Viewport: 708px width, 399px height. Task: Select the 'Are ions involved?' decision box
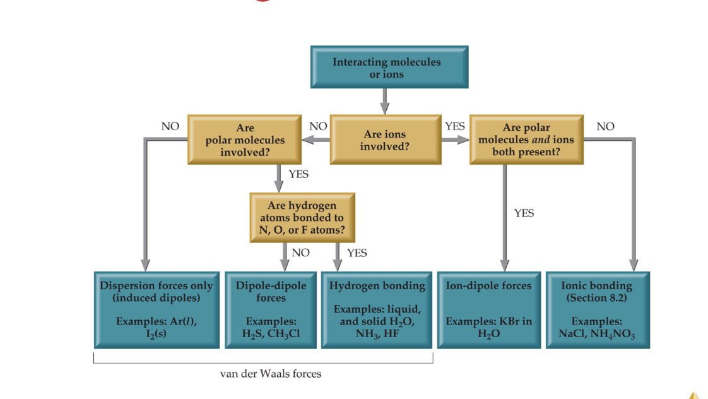pos(384,140)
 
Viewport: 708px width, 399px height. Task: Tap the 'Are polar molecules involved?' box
pos(244,140)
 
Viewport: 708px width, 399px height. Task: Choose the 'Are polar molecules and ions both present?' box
pos(526,140)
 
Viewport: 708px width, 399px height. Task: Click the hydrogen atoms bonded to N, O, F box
pos(302,218)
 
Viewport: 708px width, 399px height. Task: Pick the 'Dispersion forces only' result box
pos(156,309)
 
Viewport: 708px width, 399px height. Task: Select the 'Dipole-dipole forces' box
pos(271,309)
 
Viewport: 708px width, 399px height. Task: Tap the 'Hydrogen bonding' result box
pos(377,309)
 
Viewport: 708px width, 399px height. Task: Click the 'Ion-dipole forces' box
pos(488,309)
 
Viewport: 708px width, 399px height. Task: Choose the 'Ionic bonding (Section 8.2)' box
pos(596,309)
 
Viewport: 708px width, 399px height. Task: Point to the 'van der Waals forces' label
pos(270,374)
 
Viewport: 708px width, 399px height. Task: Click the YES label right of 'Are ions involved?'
pos(454,126)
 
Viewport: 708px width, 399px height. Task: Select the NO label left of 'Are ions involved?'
pos(318,126)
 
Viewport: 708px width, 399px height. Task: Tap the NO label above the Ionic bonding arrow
pos(605,126)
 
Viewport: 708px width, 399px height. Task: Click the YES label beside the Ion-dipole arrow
pos(523,213)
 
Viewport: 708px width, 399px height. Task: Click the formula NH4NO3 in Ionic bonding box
pos(612,334)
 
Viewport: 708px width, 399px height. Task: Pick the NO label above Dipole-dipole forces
pos(300,253)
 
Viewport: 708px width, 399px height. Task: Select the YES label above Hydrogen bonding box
pos(357,253)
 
